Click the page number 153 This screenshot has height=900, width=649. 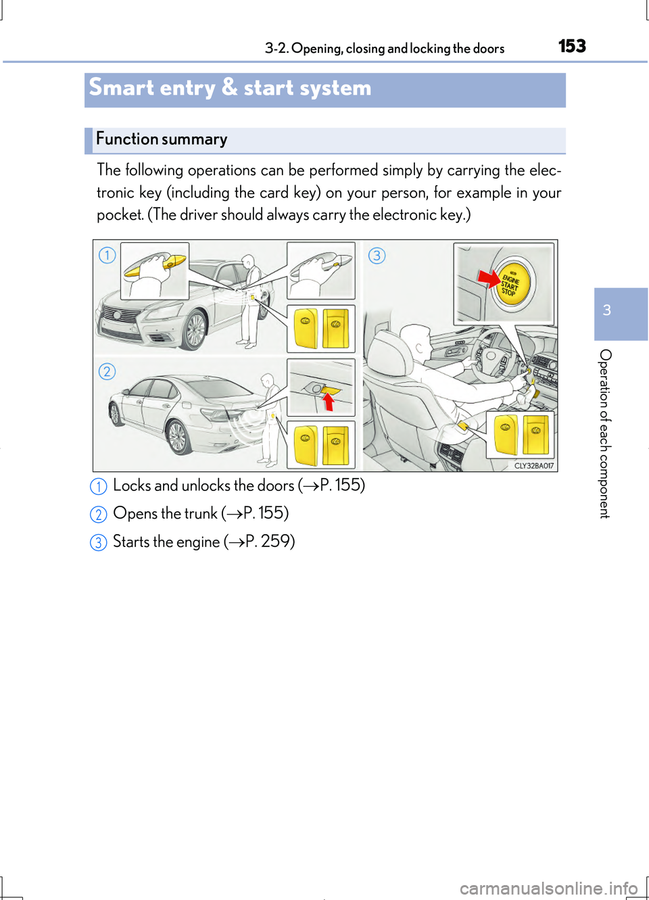[x=572, y=46]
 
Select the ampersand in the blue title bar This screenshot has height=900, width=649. [x=229, y=87]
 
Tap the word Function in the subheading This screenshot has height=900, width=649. [x=127, y=139]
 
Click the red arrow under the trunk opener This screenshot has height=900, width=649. [x=329, y=402]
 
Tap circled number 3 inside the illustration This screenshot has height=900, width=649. [x=377, y=256]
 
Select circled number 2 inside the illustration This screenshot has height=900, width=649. [x=107, y=371]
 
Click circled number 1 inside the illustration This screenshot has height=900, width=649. [x=107, y=255]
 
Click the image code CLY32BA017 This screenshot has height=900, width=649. [x=533, y=465]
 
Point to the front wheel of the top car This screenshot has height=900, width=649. [x=195, y=329]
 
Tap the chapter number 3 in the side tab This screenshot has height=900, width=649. [x=607, y=310]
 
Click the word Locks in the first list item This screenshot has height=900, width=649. [x=132, y=485]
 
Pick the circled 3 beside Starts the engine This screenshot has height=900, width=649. [x=99, y=542]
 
